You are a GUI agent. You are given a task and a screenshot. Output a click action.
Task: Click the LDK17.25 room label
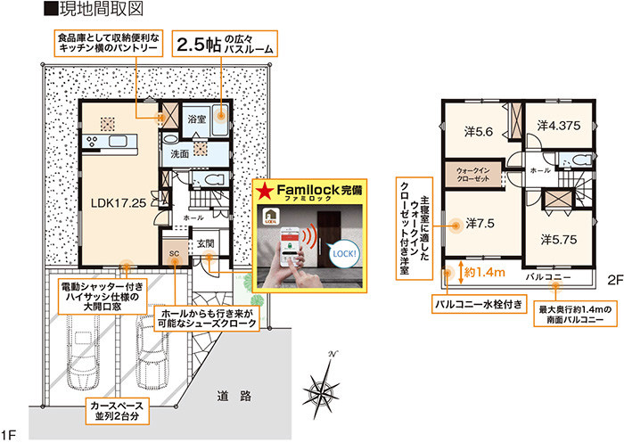click(x=119, y=203)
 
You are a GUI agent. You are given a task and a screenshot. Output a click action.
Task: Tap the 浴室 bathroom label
click(x=196, y=119)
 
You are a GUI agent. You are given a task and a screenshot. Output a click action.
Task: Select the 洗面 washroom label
click(x=179, y=153)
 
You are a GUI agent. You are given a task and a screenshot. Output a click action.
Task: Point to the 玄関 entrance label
click(x=206, y=243)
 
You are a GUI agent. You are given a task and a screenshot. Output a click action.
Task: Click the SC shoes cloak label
click(x=175, y=253)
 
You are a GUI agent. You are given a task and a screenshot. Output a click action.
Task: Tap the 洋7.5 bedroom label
click(x=480, y=224)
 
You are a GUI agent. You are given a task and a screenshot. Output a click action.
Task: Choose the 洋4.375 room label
click(x=559, y=126)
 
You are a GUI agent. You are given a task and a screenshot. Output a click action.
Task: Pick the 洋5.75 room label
click(x=559, y=240)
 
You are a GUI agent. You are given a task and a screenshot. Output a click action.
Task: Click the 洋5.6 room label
click(x=479, y=131)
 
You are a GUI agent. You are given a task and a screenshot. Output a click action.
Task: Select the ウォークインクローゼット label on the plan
click(x=473, y=175)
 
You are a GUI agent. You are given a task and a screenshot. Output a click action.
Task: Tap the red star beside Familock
click(x=265, y=192)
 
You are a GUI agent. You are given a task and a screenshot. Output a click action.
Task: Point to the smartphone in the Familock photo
click(x=291, y=247)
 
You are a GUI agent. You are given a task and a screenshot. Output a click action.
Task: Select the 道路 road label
click(x=234, y=396)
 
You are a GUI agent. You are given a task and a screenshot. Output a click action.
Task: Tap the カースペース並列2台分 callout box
click(x=117, y=412)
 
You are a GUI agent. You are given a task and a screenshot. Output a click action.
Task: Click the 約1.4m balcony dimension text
click(x=485, y=273)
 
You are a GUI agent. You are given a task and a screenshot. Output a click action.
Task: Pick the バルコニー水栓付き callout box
click(x=479, y=305)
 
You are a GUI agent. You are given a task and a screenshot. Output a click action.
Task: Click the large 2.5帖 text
click(x=198, y=45)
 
